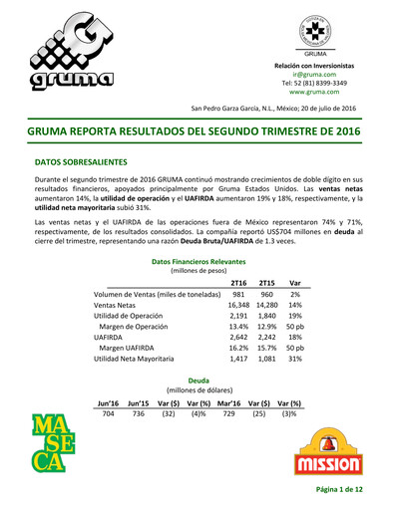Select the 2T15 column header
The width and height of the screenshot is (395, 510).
coord(266,283)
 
